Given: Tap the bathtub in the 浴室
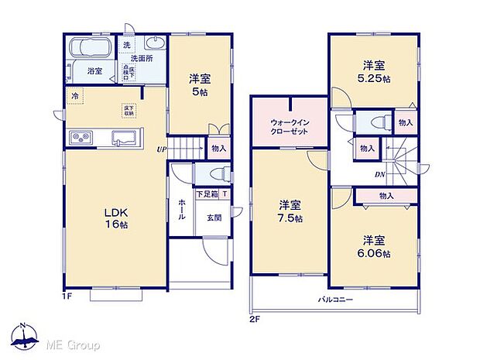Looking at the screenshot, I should coord(91,49).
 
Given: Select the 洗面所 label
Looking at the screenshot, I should coord(141,57).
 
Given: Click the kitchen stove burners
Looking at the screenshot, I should coord(81,138).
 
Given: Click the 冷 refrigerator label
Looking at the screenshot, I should coord(75,96).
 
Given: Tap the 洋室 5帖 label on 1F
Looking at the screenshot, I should coord(201,84).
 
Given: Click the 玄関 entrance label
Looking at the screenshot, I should coord(214,218).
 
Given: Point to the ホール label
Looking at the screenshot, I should coord(181,209).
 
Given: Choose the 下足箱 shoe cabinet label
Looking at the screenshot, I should coord(205,194).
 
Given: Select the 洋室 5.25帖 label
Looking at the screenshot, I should coord(373,71).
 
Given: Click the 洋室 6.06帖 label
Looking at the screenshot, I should coord(374,246).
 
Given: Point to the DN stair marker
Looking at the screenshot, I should coord(380,174).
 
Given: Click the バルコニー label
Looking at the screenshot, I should coord(334,299).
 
